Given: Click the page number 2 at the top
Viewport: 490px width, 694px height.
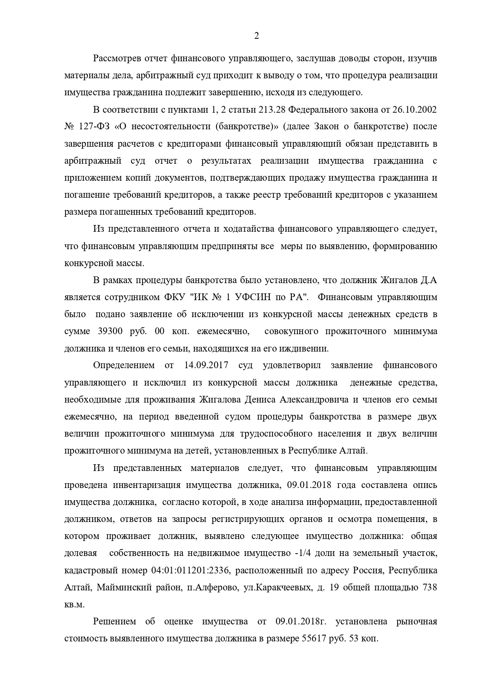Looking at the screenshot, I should tap(256, 36).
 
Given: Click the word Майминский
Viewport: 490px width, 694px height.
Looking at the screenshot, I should tap(124, 588).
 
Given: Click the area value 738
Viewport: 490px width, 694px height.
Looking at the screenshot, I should tap(430, 588).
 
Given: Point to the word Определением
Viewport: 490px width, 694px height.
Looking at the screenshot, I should tap(124, 365).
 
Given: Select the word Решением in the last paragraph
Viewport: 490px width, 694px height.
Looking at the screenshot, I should tap(115, 622).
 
